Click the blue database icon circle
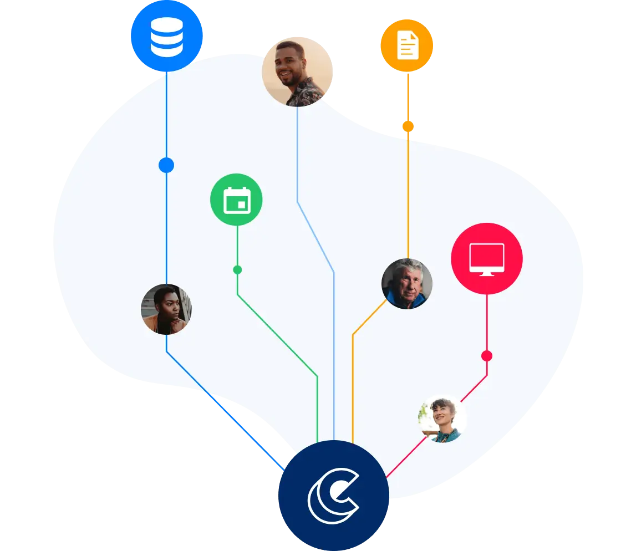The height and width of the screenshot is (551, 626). (x=166, y=35)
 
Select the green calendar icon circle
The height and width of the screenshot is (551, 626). (x=236, y=200)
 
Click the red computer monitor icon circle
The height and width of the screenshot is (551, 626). (x=486, y=258)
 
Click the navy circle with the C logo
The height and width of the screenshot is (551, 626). (x=333, y=496)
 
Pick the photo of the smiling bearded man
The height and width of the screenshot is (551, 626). (x=297, y=71)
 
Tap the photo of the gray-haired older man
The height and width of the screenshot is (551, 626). (x=407, y=284)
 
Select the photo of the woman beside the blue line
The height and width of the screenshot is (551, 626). (x=166, y=309)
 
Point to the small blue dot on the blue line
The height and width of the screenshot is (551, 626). (x=166, y=165)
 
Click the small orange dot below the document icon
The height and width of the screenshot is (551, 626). (x=408, y=126)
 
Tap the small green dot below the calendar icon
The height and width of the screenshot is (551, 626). (x=237, y=270)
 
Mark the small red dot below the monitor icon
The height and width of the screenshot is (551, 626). (x=487, y=356)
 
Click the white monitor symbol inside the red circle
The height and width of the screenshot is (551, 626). (x=486, y=258)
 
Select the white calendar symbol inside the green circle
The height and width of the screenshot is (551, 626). (x=237, y=200)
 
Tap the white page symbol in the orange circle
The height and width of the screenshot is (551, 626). (x=407, y=45)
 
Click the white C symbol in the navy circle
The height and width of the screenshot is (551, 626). (x=333, y=496)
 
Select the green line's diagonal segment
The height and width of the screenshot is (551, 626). (x=277, y=335)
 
